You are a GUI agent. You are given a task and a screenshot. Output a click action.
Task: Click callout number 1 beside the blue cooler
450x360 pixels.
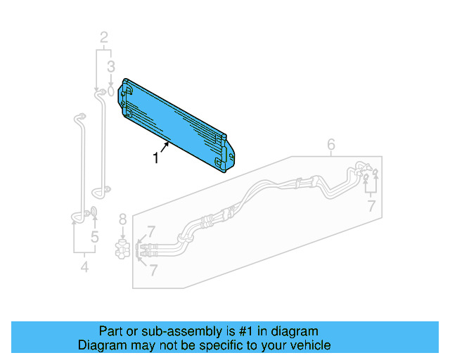(x=156, y=159)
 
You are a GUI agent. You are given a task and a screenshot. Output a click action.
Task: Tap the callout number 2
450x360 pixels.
(x=104, y=37)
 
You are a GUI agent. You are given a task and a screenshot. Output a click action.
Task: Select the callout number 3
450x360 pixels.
(x=110, y=67)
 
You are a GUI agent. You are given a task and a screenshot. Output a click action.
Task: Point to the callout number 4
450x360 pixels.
(x=84, y=266)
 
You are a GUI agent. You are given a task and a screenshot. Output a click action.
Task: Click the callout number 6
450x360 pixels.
(x=331, y=146)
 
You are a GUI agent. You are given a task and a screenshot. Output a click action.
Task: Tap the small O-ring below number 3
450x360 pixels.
(x=111, y=90)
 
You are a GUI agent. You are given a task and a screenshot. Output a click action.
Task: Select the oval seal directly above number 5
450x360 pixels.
(x=94, y=213)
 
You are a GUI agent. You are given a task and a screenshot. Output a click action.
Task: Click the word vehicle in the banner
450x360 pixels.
(x=310, y=346)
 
